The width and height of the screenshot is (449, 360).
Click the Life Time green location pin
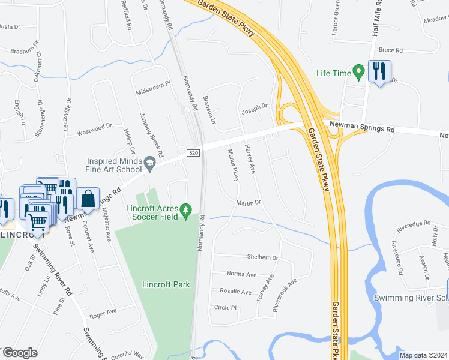pyautogui.click(x=359, y=73)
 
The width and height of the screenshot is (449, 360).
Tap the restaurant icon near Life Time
pyautogui.click(x=379, y=72)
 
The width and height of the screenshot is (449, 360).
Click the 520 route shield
pyautogui.click(x=193, y=154)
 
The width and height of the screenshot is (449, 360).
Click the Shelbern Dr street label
pyautogui.click(x=263, y=257)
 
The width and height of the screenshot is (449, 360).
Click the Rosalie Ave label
pyautogui.click(x=236, y=292)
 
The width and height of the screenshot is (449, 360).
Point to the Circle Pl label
pyautogui.click(x=226, y=308)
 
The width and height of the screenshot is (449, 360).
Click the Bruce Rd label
pyautogui.click(x=390, y=50)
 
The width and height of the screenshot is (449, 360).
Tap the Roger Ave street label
pyautogui.click(x=102, y=313)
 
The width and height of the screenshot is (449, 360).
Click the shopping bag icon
pyautogui.click(x=88, y=199)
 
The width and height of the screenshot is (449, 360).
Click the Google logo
pyautogui.click(x=20, y=352)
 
